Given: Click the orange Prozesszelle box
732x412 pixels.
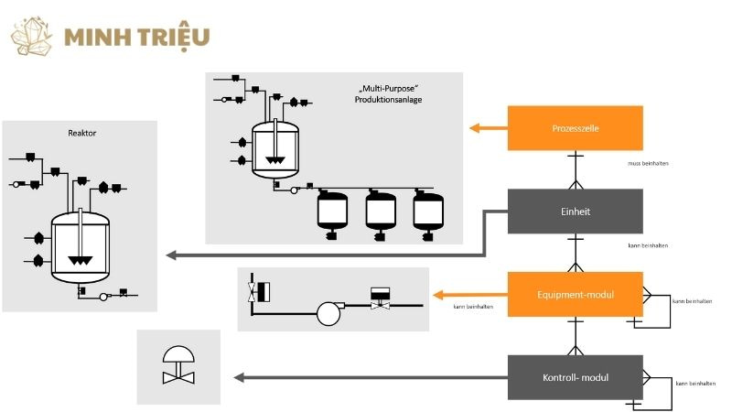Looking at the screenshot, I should [x=576, y=128].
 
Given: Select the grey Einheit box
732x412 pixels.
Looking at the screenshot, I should [x=576, y=211].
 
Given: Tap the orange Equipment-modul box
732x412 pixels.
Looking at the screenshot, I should [x=576, y=295].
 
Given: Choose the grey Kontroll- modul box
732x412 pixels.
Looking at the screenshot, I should [x=576, y=377].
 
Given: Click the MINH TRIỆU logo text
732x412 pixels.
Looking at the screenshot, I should [x=137, y=38].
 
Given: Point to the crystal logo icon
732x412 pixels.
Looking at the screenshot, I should [x=34, y=35].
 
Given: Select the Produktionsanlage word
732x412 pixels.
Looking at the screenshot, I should [x=396, y=100].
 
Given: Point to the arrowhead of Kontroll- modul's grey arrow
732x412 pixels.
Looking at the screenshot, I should [x=239, y=377].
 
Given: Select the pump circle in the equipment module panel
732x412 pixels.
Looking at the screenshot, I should [x=328, y=313].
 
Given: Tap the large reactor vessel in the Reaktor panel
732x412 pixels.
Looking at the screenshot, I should [x=81, y=242].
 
